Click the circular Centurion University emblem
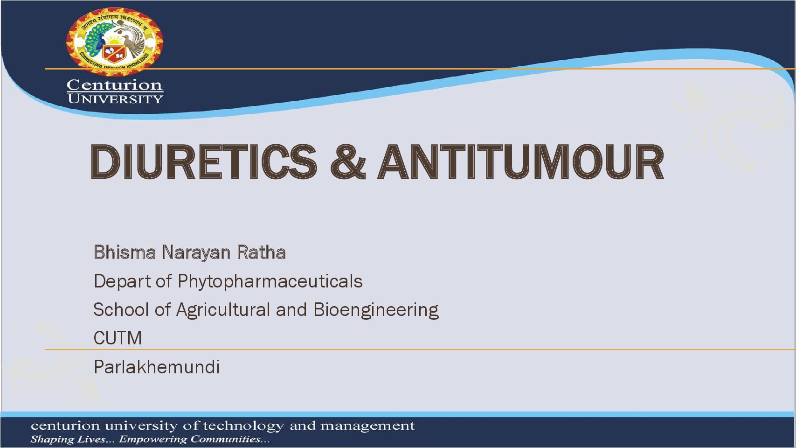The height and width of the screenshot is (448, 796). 115,42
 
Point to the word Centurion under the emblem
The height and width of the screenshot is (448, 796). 115,85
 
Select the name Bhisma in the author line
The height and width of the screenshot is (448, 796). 125,252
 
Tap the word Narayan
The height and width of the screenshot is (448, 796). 196,253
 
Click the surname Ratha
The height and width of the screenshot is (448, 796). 261,252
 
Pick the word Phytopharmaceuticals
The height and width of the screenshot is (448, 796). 270,281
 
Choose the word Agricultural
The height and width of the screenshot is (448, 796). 223,310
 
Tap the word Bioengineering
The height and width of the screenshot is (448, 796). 376,310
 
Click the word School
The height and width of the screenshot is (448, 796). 121,309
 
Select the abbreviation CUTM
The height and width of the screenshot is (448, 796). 118,338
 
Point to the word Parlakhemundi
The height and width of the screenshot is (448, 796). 157,367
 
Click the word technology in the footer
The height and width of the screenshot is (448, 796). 243,427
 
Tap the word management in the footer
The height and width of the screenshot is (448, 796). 368,427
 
